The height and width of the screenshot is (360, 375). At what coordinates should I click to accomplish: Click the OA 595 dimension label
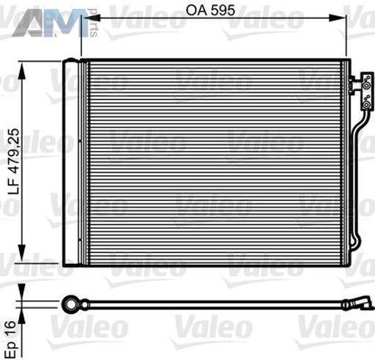pos(210,10)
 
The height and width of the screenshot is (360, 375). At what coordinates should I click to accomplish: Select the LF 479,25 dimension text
pos(13,161)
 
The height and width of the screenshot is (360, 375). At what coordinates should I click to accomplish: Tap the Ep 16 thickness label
pos(11,339)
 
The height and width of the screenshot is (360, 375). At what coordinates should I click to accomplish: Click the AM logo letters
pos(50,23)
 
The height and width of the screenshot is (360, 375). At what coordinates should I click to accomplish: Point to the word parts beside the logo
pos(93,23)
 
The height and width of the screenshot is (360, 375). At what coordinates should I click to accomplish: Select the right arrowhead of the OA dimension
pos(337,18)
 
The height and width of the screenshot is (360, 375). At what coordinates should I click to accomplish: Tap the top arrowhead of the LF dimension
pos(22,71)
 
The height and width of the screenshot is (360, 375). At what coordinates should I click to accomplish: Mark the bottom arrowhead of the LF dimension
pos(22,253)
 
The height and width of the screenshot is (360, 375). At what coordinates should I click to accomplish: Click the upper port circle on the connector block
pos(366,86)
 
